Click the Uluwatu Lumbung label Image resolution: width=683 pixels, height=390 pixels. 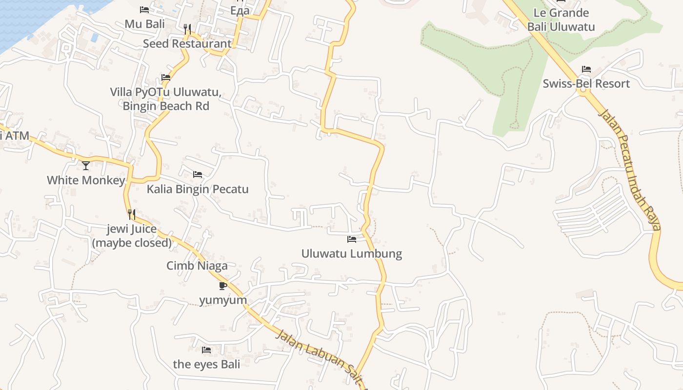[351, 253]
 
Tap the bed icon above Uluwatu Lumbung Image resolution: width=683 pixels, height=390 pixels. [351, 239]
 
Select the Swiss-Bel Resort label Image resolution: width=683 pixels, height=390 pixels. [586, 83]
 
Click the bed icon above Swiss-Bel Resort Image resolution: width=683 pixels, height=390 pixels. [586, 69]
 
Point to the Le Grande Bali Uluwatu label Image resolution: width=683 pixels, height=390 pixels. [561, 19]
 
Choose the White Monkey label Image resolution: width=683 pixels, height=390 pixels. [86, 180]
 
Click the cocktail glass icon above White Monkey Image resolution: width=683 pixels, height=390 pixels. [86, 166]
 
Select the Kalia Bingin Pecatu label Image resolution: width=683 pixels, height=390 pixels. [198, 189]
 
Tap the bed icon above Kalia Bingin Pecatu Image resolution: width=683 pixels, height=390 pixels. [198, 175]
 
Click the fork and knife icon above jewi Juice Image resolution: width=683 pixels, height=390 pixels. [131, 214]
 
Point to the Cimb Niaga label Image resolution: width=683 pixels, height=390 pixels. [197, 266]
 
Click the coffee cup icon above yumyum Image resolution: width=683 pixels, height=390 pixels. [223, 286]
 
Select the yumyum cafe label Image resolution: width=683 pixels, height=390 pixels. [223, 299]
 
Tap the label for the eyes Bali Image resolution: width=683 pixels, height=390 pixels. [206, 364]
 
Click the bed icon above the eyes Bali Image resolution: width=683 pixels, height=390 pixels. [206, 350]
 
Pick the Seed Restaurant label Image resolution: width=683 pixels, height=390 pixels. [187, 43]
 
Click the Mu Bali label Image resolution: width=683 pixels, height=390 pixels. [144, 24]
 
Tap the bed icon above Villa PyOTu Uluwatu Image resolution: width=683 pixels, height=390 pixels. [166, 78]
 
